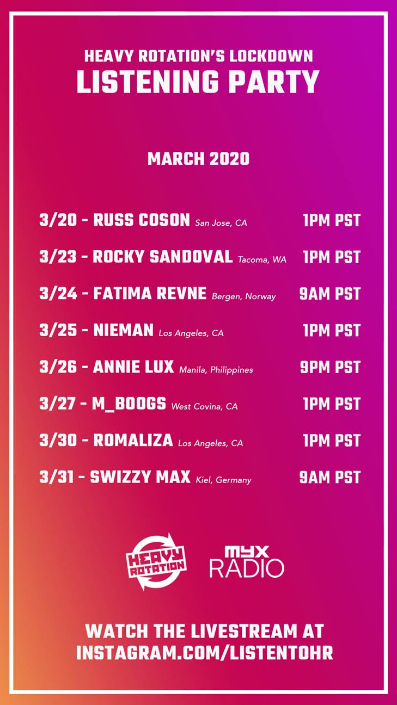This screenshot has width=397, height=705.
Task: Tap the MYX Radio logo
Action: (247, 562)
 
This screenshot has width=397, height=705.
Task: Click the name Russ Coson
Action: (142, 220)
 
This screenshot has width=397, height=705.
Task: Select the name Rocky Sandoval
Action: (163, 257)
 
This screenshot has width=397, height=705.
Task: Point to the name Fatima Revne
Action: (150, 293)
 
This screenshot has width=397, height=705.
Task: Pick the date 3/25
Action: (58, 330)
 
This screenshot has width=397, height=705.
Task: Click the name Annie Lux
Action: (133, 367)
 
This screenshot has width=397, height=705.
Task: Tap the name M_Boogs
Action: (129, 404)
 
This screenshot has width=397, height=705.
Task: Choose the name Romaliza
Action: (133, 440)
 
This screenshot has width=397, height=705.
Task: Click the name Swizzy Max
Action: (140, 477)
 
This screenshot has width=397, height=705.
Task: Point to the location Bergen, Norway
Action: (244, 296)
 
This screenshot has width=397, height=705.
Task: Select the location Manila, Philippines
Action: (216, 370)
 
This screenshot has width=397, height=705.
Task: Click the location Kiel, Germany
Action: (224, 480)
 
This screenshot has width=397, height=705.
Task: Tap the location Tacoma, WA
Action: (262, 259)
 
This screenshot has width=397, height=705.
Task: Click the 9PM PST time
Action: (330, 367)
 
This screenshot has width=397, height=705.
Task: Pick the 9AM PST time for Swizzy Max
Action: (330, 477)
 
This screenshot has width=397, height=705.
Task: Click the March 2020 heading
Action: (198, 159)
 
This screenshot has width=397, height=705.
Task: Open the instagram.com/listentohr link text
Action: (204, 653)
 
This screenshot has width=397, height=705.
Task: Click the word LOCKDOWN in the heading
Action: (271, 57)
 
